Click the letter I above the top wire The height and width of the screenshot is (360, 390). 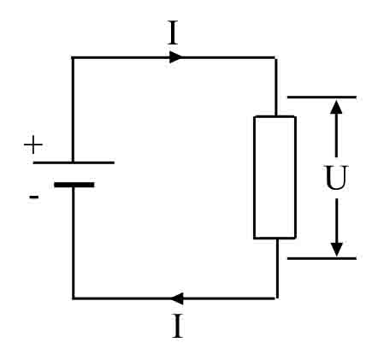(173, 33)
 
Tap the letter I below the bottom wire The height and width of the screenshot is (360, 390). (177, 327)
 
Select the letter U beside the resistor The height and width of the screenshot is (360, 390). (336, 179)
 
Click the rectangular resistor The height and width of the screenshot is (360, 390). (275, 177)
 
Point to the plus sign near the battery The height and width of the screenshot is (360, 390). (32, 145)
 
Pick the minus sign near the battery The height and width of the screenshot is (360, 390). (33, 198)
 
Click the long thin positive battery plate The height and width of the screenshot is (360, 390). (73, 162)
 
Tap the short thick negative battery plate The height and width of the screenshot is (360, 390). (74, 184)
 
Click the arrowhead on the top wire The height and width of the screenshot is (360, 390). (175, 57)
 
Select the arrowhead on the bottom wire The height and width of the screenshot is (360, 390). (175, 298)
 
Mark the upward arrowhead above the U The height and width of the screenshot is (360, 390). (336, 107)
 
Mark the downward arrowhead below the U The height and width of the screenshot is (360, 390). (336, 249)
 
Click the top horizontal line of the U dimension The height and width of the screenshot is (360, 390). (321, 97)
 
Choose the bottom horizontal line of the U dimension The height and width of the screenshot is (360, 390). (321, 257)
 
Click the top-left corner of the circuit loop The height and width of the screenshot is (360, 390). (73, 57)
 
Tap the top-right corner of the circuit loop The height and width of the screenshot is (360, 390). (275, 57)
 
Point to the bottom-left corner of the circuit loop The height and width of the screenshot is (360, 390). (73, 298)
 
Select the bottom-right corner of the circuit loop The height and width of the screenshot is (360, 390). (276, 298)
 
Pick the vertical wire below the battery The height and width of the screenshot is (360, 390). (73, 244)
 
